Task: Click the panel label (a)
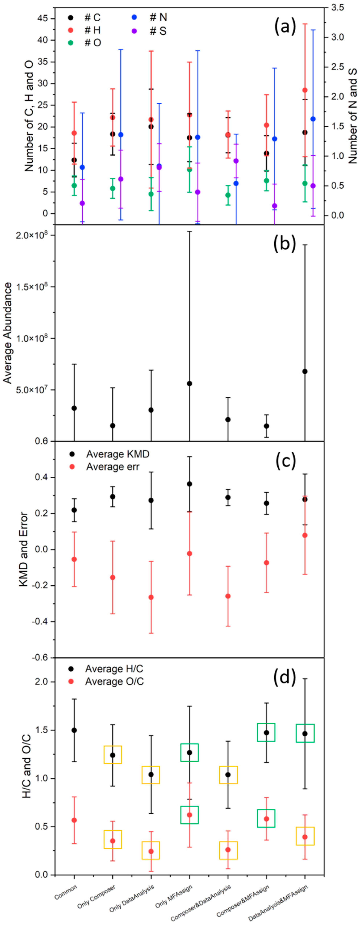coord(285,27)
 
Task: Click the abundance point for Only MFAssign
coord(189,384)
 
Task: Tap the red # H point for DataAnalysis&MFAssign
coord(305,90)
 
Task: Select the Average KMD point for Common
coord(74,510)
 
